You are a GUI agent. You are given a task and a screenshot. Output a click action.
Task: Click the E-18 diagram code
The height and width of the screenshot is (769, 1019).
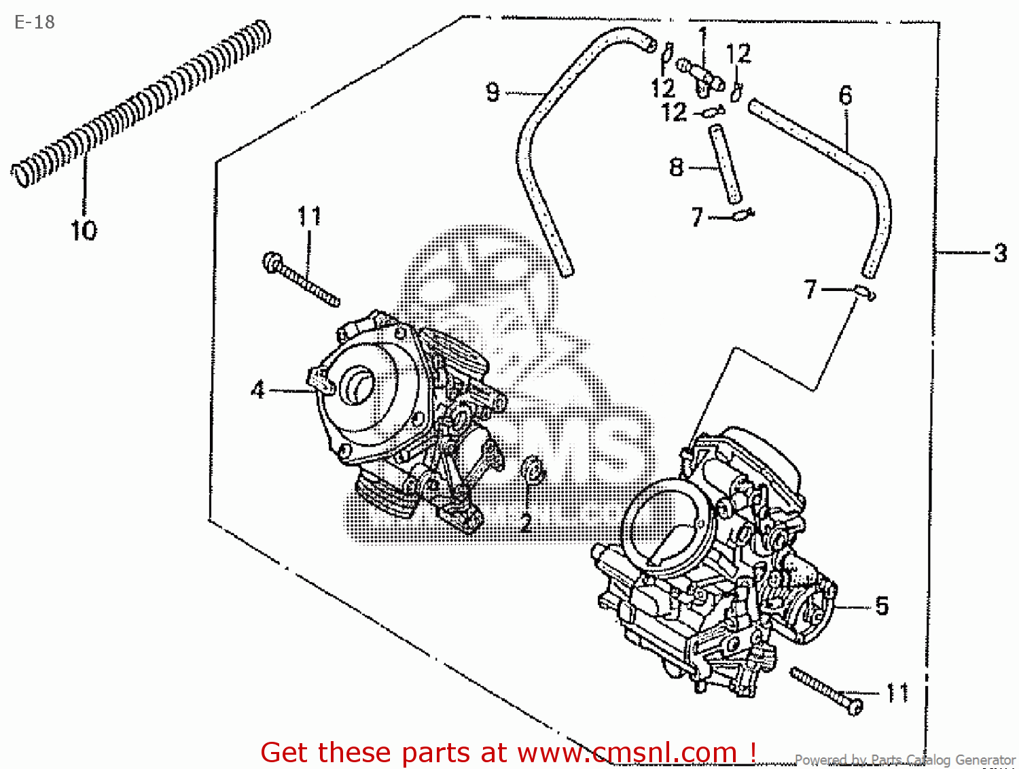35,22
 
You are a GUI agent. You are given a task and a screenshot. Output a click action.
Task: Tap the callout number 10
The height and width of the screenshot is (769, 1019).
84,230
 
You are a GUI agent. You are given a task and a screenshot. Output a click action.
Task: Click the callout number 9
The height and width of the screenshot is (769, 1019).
493,92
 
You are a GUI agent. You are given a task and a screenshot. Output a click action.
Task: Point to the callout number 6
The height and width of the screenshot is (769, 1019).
845,95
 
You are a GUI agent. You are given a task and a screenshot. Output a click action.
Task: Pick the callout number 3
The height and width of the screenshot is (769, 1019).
1000,253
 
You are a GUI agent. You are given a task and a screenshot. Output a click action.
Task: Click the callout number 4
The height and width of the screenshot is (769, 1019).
258,390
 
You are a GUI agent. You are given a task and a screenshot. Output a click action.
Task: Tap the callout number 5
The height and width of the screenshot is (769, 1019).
882,606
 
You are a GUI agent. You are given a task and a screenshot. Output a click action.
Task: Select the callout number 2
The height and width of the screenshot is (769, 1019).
526,523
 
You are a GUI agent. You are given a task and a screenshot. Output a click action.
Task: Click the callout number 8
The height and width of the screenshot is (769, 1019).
677,167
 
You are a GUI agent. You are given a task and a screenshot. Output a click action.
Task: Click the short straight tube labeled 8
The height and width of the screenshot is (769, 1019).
725,163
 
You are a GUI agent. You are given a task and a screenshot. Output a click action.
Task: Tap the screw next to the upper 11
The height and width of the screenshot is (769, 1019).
300,279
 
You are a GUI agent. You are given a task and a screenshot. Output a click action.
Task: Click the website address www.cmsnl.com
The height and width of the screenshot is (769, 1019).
627,753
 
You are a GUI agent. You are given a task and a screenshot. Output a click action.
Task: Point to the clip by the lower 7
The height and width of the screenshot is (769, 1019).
865,292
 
